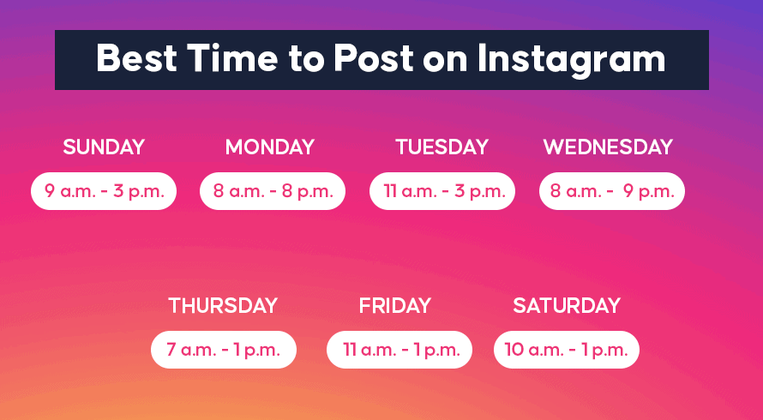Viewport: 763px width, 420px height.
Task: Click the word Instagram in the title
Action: pos(571,59)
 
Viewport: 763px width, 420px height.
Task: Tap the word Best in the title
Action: pos(136,58)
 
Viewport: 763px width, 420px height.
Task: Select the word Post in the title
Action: pos(373,58)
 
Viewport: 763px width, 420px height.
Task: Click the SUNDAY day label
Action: pos(104,147)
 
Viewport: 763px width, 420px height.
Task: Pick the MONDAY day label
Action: pos(270,147)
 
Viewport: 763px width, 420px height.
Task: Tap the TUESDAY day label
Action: pos(442,147)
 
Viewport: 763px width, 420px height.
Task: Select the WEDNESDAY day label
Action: pos(608,147)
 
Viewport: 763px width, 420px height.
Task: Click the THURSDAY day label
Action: pos(223,306)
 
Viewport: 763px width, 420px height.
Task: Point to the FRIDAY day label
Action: pos(395,306)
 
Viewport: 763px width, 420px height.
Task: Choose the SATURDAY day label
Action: pos(567,306)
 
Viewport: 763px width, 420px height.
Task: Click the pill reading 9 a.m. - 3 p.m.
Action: pos(104,191)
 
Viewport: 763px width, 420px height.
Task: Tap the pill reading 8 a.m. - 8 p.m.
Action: pos(273,191)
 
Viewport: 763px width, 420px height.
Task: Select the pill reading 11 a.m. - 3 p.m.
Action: pos(442,191)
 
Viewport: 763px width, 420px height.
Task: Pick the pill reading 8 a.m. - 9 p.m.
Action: pos(611,191)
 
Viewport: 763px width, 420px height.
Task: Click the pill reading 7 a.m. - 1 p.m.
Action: pos(224,350)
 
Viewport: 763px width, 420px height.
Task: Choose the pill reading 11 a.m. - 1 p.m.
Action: pos(399,350)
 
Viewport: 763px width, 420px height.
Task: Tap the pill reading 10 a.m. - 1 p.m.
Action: pos(567,350)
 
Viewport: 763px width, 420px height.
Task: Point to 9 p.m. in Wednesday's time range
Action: pos(649,192)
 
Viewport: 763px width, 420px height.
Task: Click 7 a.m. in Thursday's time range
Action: pos(191,350)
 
